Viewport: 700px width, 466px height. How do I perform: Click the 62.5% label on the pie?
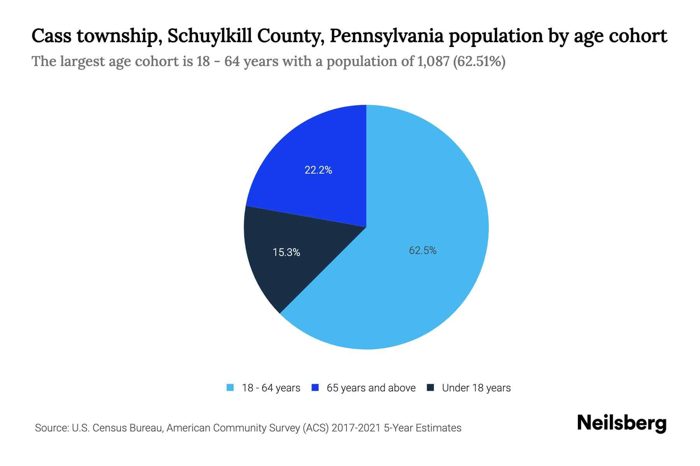point(422,251)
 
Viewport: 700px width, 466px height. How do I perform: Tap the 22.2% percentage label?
point(318,170)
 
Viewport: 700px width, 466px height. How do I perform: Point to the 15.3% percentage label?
point(286,252)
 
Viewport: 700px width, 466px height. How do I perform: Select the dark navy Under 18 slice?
point(296,272)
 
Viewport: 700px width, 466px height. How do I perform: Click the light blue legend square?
point(230,388)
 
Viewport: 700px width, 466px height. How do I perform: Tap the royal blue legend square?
point(315,388)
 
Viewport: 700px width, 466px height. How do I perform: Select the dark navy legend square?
point(430,388)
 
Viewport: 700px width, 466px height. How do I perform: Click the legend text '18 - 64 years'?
point(271,388)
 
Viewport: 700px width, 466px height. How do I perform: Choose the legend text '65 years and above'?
point(371,388)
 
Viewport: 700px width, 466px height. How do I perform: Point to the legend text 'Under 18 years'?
point(476,388)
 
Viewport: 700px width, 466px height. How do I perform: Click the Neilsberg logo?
point(621,423)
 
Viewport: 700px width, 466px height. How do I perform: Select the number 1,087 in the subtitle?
point(433,61)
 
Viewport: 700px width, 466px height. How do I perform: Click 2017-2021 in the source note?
point(356,428)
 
